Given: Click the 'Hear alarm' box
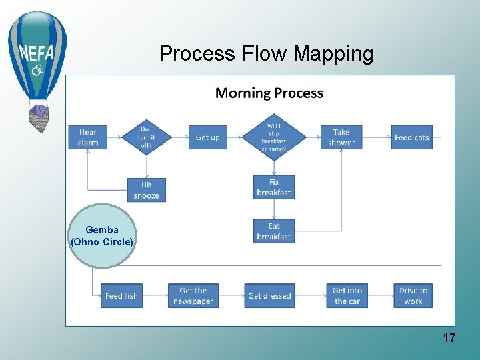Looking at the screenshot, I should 87,137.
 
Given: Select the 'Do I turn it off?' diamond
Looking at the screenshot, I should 146,137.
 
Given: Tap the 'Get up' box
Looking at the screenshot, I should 207,137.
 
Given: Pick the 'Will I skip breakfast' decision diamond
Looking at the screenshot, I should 273,137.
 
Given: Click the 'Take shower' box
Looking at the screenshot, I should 341,137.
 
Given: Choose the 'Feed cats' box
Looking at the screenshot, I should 411,137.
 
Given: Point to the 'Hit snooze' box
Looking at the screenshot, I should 146,190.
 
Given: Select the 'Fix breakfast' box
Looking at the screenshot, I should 273,187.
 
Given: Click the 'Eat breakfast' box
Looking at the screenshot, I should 273,231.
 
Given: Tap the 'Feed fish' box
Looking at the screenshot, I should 121,295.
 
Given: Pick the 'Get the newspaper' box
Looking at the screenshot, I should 193,295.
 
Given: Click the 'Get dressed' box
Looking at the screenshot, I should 269,295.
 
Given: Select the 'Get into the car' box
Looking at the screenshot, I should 347,295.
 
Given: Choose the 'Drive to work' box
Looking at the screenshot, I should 413,295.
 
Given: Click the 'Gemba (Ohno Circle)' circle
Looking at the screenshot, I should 102,236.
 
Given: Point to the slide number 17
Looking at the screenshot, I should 449,338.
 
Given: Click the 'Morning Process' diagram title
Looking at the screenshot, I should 269,93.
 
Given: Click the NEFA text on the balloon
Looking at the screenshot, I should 37,52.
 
